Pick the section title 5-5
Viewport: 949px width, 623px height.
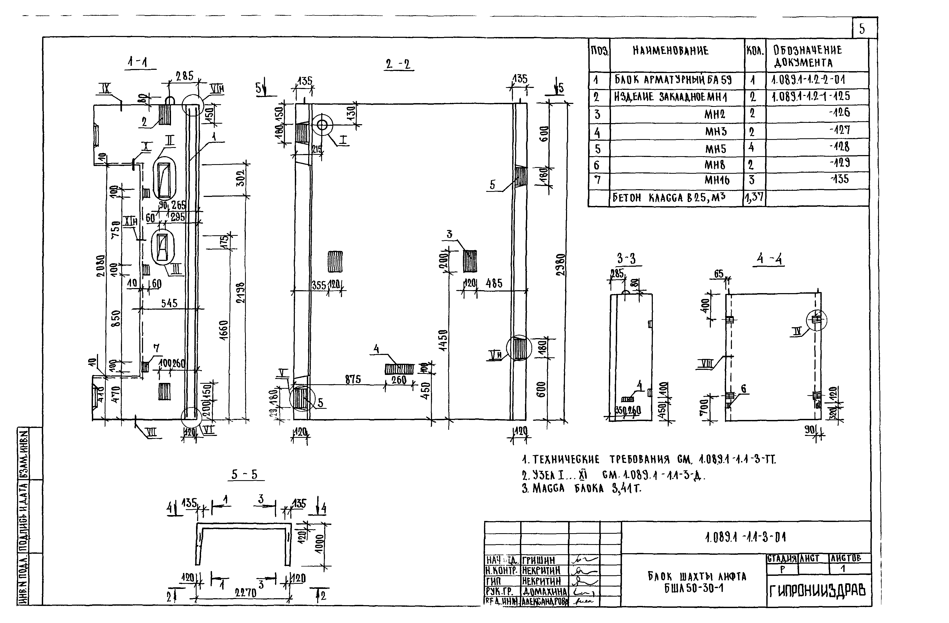coord(245,474)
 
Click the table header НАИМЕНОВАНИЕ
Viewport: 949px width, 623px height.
coord(671,51)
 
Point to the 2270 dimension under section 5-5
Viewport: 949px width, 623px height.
coord(245,593)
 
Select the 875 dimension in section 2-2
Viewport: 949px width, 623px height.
coord(353,380)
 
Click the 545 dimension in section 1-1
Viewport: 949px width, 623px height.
coord(169,304)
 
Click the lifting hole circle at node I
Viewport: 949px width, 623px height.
coord(322,125)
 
